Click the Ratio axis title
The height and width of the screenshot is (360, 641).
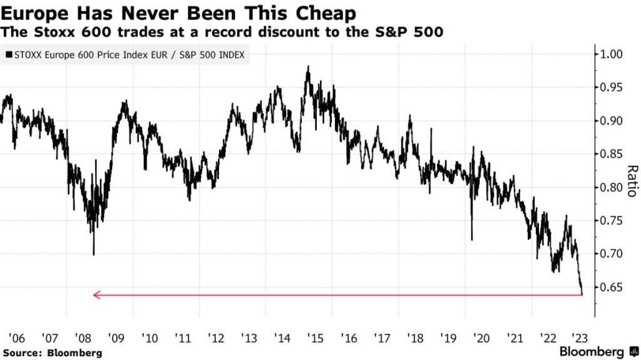632,180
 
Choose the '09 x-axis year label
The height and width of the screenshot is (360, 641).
116,338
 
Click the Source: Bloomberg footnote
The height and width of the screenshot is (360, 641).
51,352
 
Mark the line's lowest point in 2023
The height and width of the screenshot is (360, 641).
583,293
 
